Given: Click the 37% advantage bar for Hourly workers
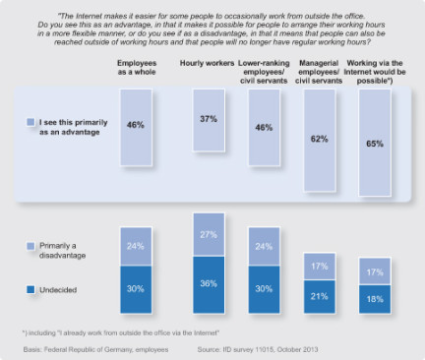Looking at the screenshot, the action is [209, 120].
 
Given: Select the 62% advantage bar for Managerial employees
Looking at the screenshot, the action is [320, 140].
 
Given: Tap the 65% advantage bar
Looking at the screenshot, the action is [375, 143].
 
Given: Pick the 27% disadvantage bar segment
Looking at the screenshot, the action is [209, 235].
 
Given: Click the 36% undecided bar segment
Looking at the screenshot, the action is [209, 284].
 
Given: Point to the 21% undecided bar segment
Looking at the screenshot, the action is [320, 296].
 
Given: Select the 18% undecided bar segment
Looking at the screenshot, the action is [375, 299].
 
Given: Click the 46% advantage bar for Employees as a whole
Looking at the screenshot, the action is [136, 127].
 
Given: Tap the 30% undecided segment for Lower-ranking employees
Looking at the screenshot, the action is [264, 289].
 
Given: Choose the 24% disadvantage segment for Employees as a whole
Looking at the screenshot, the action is [136, 247].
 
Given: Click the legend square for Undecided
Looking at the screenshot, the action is [30, 289].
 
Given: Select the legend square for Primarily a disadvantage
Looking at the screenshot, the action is [30, 246].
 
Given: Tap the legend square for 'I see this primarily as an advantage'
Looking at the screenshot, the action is [30, 122].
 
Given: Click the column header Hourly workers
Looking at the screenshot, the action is [207, 63].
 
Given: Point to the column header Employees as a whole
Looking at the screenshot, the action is [137, 68].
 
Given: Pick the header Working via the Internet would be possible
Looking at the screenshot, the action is [375, 72].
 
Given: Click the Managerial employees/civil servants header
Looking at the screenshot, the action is [319, 72].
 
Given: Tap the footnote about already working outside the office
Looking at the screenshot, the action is [121, 332].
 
